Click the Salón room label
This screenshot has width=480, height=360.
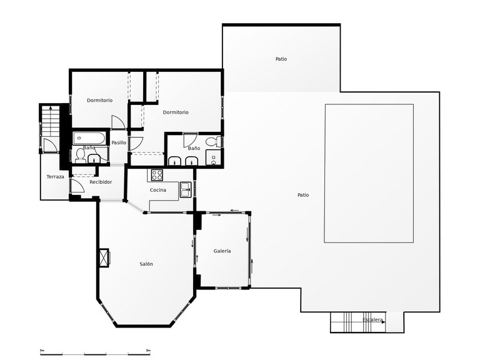coord(146,264)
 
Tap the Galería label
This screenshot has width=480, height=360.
coord(222,251)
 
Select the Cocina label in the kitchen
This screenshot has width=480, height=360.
coord(157,190)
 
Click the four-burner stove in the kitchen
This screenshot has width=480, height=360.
coord(156,174)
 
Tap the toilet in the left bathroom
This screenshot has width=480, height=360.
coord(79,157)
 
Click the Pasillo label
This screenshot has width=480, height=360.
coord(119,142)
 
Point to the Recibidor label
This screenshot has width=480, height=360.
coord(101,182)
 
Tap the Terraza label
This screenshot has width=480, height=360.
coord(55,177)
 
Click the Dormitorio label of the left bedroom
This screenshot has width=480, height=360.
coord(99,100)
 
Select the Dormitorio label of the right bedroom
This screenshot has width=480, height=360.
coord(176,112)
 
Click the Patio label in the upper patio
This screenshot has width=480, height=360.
coord(281,59)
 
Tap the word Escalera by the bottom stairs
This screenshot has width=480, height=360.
coord(372,320)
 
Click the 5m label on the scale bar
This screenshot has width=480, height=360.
coord(147,351)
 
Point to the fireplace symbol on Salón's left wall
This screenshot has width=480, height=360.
coord(103,256)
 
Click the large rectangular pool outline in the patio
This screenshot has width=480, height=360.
coord(369,174)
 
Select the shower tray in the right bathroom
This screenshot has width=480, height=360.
coord(214,157)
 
